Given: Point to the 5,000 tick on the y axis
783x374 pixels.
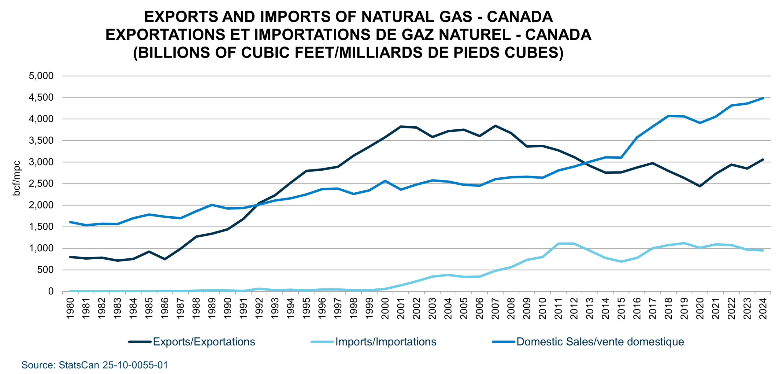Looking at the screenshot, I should pyautogui.click(x=41, y=76).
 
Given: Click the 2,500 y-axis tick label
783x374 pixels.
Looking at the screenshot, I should pyautogui.click(x=41, y=184).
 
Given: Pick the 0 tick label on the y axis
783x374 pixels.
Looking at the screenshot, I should pyautogui.click(x=51, y=291).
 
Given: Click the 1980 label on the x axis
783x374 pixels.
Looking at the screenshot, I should pyautogui.click(x=70, y=308).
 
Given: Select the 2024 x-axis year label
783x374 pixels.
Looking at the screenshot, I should pyautogui.click(x=763, y=308).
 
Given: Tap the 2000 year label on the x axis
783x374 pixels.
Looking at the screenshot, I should pyautogui.click(x=385, y=308).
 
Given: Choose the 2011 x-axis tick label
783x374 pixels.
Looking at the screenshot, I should pyautogui.click(x=558, y=308).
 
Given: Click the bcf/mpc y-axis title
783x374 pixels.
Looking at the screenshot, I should pyautogui.click(x=17, y=178).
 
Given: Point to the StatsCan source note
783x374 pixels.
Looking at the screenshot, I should pyautogui.click(x=95, y=365).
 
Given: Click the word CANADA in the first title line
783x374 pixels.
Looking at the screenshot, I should pyautogui.click(x=520, y=17).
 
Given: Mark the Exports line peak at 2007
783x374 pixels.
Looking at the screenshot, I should pyautogui.click(x=495, y=126).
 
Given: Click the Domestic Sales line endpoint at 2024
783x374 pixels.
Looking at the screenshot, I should pyautogui.click(x=763, y=98).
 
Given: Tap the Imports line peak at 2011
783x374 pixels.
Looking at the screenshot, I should pyautogui.click(x=558, y=244).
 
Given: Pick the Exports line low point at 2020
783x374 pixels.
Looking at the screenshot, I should pyautogui.click(x=700, y=186).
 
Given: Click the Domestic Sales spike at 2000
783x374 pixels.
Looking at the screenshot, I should pyautogui.click(x=385, y=181).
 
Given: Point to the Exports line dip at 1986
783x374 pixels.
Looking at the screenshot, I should pyautogui.click(x=165, y=259).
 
